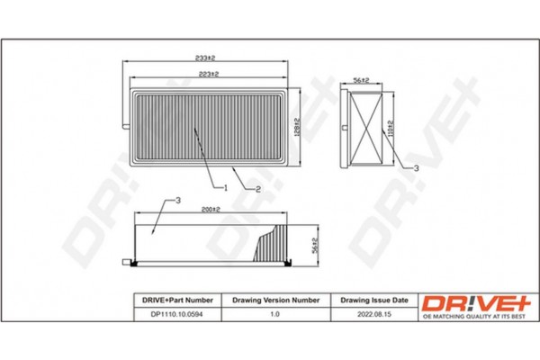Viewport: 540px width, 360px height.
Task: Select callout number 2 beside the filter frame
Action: tap(258, 189)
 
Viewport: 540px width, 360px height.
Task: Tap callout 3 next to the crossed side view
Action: tap(415, 169)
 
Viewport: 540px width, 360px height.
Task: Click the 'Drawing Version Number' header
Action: tap(276, 298)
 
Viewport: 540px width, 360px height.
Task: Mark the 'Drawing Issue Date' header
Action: tap(373, 298)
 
